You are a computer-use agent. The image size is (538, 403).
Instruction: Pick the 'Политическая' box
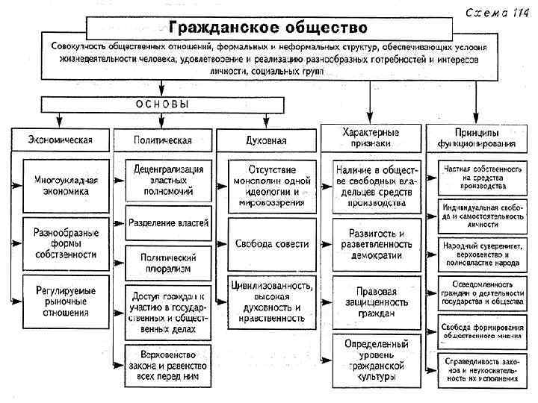coord(163,140)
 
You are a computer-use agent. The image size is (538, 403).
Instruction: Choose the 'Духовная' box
coord(266,140)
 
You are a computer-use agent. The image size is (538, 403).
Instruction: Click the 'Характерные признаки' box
coord(371,137)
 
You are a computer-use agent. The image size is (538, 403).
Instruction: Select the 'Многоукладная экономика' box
coord(66,184)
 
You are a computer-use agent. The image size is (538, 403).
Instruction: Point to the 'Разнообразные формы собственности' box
coord(66,243)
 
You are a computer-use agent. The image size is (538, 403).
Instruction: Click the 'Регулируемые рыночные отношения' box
coord(66,296)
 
